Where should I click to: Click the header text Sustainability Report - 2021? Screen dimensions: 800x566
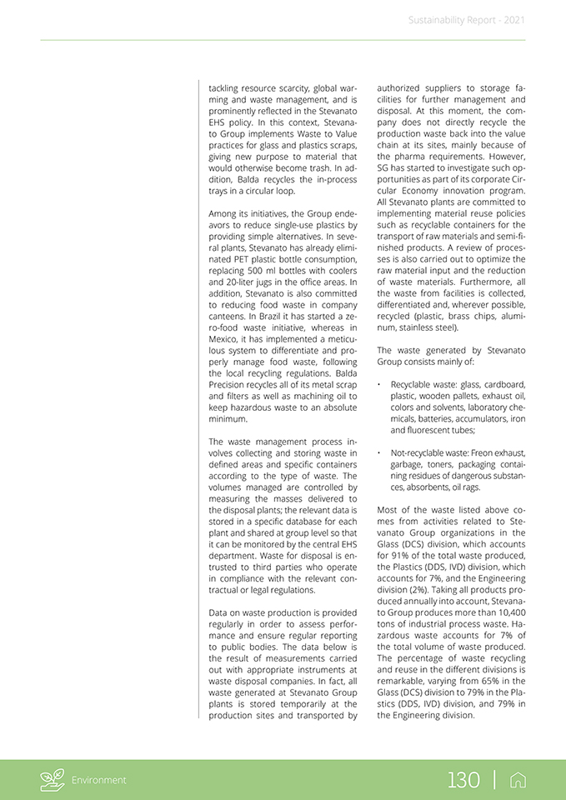point(466,20)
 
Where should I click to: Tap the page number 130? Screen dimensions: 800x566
point(463,780)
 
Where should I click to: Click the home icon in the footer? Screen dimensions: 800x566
point(518,780)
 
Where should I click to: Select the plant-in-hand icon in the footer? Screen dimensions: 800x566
point(53,780)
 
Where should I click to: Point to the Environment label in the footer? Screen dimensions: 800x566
point(99,781)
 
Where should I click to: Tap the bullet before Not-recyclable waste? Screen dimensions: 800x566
point(379,453)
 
